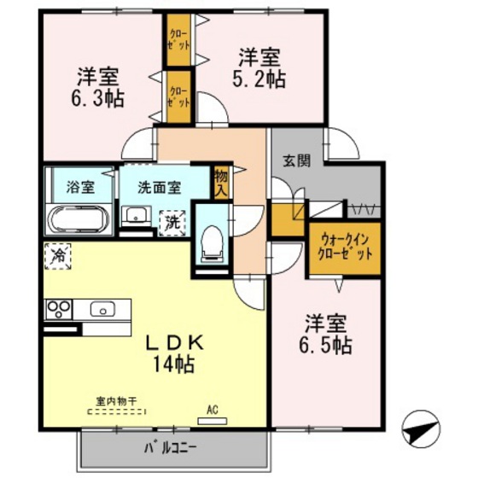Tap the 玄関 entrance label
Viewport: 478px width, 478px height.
(x=297, y=160)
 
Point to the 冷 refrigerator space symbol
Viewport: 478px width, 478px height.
(x=58, y=255)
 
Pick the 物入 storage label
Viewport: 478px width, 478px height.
(x=222, y=181)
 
